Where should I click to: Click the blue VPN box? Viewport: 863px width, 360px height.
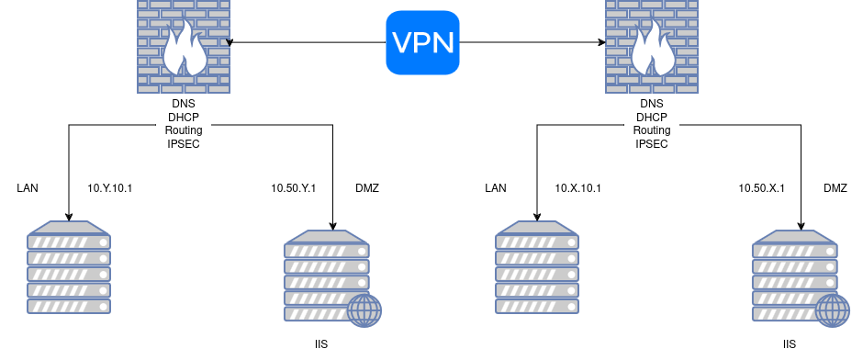(x=422, y=42)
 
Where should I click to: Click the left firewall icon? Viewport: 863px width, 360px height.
(x=184, y=46)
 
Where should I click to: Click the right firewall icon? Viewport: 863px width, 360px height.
(x=652, y=46)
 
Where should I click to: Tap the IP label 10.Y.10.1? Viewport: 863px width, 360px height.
(x=110, y=188)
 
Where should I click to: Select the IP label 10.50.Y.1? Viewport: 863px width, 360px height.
(x=294, y=188)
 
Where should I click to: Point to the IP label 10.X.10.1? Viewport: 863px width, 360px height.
(x=577, y=188)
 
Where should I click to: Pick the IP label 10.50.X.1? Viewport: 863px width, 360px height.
(x=762, y=188)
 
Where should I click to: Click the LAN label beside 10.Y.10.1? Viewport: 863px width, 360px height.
(x=28, y=188)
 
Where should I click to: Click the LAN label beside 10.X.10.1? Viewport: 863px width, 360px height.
(x=496, y=188)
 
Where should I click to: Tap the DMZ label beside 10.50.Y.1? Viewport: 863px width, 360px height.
(x=367, y=188)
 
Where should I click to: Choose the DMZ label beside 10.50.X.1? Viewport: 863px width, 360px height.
(x=835, y=188)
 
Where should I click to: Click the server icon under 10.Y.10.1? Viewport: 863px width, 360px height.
(x=69, y=267)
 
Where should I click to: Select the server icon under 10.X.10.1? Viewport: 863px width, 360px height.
(x=537, y=267)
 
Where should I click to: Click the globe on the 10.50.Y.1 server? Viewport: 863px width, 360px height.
(x=364, y=310)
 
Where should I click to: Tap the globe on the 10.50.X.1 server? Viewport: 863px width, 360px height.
(x=833, y=310)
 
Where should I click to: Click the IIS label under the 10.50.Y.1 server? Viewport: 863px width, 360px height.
(x=321, y=344)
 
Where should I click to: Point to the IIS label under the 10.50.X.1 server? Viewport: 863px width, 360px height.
(x=790, y=344)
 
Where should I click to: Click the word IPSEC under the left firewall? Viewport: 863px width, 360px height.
(x=184, y=144)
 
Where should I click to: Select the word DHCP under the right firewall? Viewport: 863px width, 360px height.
(x=652, y=118)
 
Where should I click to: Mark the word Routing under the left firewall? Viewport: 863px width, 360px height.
(x=184, y=130)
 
